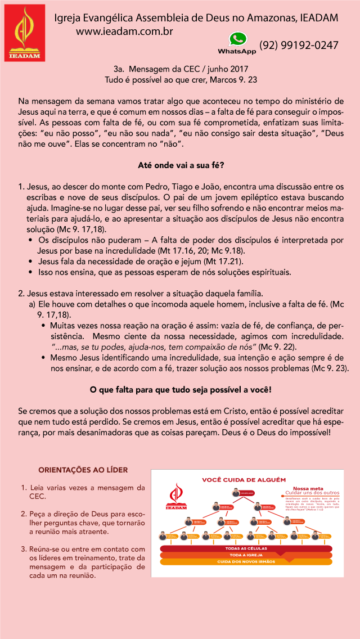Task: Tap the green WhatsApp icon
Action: (x=237, y=39)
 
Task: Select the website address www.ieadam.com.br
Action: (x=124, y=32)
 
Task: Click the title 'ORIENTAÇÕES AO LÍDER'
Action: (x=83, y=470)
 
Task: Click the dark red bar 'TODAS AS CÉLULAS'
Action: (x=246, y=548)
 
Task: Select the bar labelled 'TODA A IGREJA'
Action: (x=246, y=555)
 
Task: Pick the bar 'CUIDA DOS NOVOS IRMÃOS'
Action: (x=246, y=561)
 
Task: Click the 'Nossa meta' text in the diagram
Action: (x=308, y=488)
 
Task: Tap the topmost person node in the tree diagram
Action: (x=236, y=493)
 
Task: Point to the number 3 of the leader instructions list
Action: (x=24, y=549)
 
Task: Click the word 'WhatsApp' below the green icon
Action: (x=237, y=51)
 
